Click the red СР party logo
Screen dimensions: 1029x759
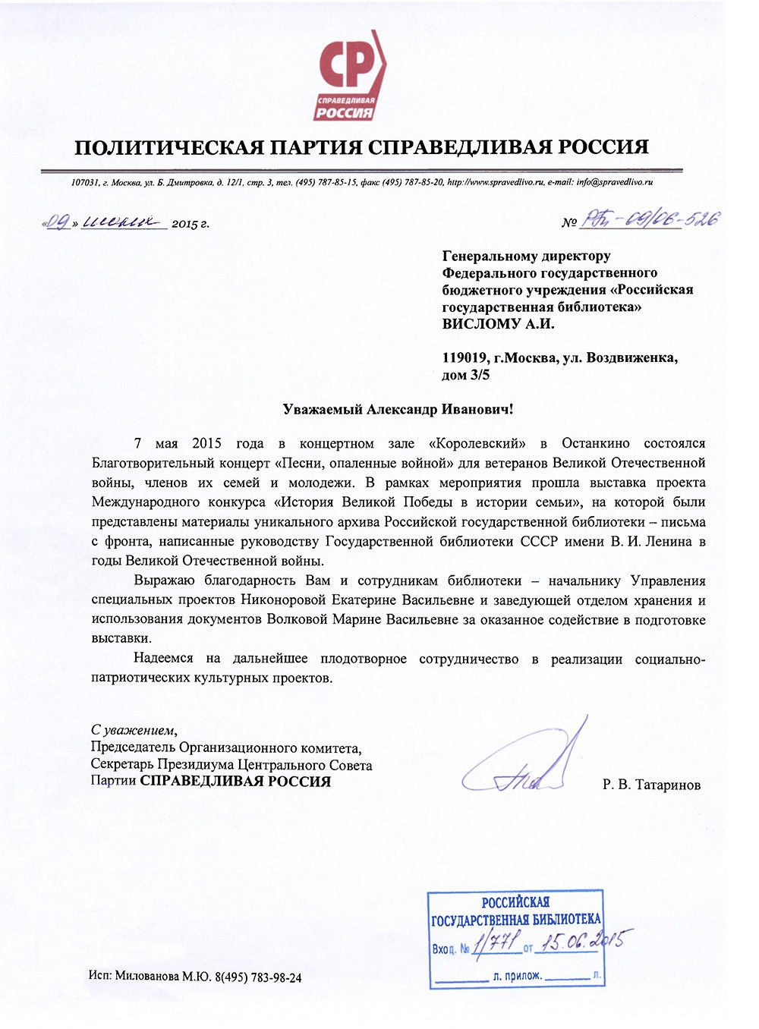tap(349, 76)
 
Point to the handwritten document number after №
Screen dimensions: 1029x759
tap(650, 220)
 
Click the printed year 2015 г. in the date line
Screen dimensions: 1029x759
tap(190, 224)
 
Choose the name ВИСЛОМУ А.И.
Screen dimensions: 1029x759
tap(498, 324)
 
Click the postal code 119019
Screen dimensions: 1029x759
tap(465, 358)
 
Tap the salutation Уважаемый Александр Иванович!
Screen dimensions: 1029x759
tap(398, 410)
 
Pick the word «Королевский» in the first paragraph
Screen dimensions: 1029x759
tap(477, 443)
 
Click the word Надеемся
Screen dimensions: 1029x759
tap(163, 659)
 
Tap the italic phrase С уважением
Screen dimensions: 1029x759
tap(133, 731)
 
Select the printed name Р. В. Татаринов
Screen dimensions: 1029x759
tap(651, 785)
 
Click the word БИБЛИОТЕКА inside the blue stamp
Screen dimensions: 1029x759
tap(565, 920)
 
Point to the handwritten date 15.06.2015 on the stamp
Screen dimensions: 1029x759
tap(581, 943)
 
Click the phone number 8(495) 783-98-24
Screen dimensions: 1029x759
tap(258, 977)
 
